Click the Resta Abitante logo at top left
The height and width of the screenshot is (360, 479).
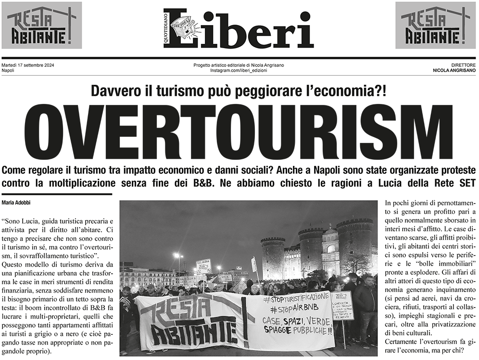click(41, 25)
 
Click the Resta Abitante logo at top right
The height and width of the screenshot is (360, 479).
click(435, 25)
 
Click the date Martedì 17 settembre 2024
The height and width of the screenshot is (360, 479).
click(26, 65)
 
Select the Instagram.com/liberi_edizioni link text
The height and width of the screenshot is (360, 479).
click(239, 71)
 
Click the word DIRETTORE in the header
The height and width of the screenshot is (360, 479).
click(464, 65)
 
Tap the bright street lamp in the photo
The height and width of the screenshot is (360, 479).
click(177, 255)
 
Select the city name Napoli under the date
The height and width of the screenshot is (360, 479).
click(8, 71)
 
